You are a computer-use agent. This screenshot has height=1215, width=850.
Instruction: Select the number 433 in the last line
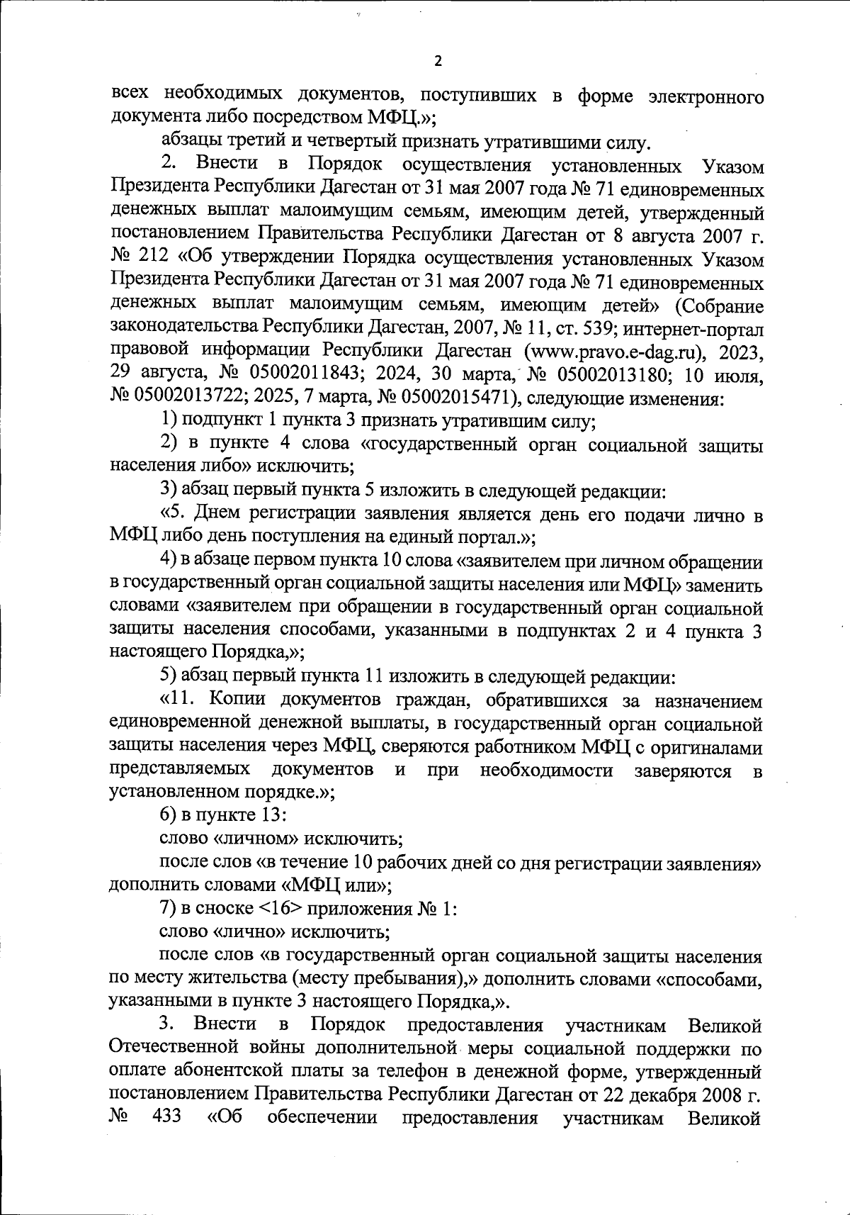click(166, 1118)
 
